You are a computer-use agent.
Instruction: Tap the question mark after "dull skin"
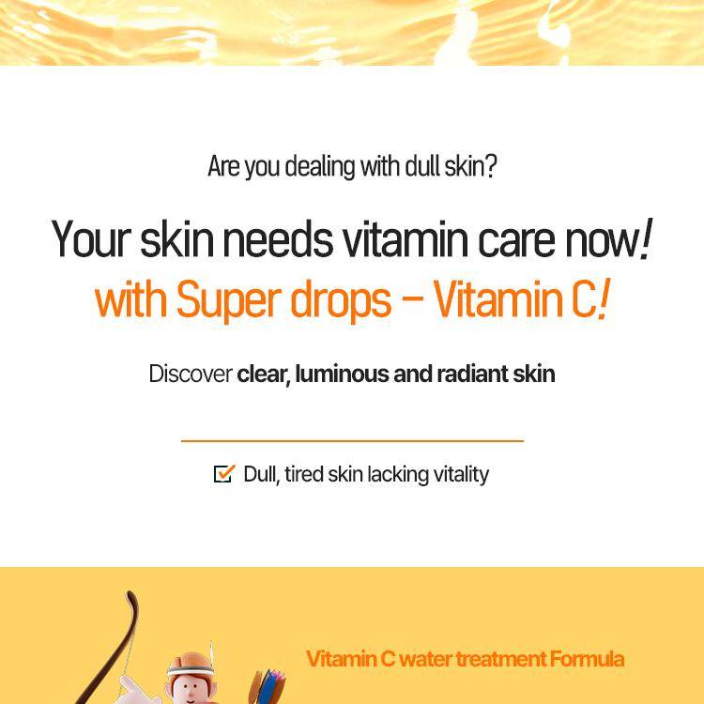(491, 165)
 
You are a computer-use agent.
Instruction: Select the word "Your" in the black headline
(91, 238)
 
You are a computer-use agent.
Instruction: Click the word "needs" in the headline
(279, 238)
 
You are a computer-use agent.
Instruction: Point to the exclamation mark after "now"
(646, 238)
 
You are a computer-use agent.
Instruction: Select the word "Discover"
(191, 374)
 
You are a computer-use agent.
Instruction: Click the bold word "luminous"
(342, 374)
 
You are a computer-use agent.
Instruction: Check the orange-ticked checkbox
(224, 474)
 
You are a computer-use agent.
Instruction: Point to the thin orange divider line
(352, 441)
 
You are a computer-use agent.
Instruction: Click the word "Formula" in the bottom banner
(587, 659)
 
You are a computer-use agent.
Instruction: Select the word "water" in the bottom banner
(425, 659)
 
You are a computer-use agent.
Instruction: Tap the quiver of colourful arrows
(267, 687)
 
